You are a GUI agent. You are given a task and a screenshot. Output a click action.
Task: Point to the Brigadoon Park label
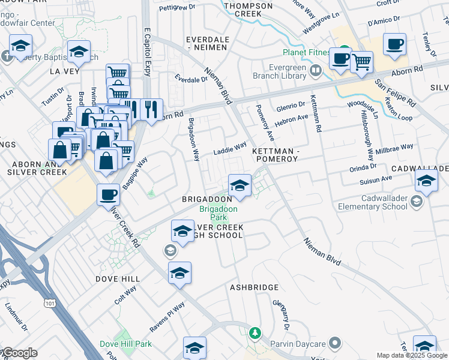tap(218, 212)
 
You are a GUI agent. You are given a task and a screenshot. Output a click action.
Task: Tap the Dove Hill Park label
tap(125, 344)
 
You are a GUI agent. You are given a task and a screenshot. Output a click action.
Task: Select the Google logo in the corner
tap(19, 353)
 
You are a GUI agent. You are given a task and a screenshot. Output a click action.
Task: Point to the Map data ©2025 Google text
tap(412, 355)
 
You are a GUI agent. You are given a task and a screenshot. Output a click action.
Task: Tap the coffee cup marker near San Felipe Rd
tap(394, 44)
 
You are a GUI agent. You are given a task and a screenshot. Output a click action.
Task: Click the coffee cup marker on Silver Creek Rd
tap(108, 194)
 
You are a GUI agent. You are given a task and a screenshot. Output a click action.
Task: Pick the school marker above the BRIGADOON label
tap(239, 185)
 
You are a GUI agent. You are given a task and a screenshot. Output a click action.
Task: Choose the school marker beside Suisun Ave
tap(426, 180)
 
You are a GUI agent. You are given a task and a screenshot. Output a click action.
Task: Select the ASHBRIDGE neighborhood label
tap(253, 287)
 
